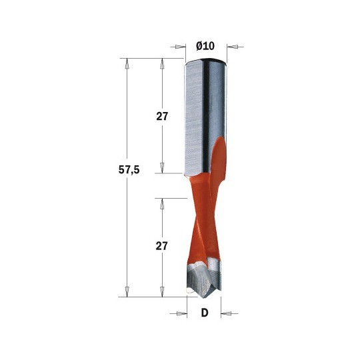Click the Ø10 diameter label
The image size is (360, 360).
point(205,46)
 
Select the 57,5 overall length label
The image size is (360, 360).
point(129,170)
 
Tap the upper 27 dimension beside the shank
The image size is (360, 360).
point(162,117)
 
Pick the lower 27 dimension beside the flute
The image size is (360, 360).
point(161,246)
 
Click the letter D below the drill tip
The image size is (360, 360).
point(205,313)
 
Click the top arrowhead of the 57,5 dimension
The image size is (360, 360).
point(127,63)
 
